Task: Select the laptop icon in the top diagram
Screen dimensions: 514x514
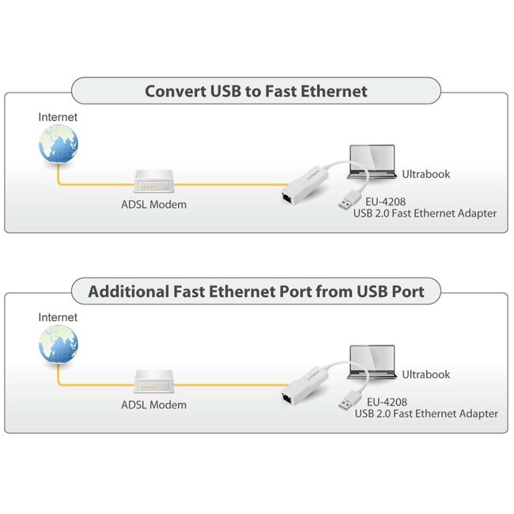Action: (373, 161)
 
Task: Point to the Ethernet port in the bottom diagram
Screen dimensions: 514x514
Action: (286, 394)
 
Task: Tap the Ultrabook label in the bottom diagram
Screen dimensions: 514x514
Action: (426, 374)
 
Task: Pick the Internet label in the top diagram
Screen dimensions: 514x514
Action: (59, 117)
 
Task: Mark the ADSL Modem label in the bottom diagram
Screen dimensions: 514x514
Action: (153, 405)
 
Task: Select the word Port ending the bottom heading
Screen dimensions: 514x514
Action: (406, 291)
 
